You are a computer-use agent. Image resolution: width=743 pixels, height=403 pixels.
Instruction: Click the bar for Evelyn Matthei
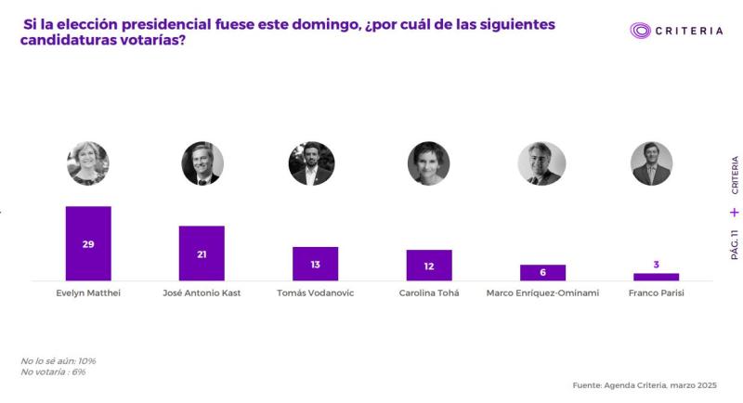88,243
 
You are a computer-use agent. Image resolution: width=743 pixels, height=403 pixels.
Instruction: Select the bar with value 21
202,253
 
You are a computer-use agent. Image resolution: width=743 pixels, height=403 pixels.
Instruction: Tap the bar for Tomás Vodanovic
315,264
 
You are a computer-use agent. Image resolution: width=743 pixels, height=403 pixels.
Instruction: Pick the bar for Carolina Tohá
429,265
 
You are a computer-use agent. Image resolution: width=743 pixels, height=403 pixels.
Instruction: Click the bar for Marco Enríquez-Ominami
542,272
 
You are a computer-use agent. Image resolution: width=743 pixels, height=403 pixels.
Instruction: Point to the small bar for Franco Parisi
656,277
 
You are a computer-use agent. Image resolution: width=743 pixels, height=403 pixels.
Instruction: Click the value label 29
88,243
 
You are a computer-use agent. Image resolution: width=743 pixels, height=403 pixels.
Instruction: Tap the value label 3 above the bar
656,265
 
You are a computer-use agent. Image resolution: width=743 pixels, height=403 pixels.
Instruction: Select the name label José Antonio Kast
202,292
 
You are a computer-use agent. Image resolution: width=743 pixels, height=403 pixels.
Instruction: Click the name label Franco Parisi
656,292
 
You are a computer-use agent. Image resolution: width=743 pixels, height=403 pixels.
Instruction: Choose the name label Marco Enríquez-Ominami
542,292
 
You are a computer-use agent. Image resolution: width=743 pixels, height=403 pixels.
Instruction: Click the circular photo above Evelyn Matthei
88,163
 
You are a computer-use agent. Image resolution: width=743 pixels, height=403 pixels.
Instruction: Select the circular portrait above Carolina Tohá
428,163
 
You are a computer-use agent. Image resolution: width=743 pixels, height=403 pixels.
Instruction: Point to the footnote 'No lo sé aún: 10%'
59,360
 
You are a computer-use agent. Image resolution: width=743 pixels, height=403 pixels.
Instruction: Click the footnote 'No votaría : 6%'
53,371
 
